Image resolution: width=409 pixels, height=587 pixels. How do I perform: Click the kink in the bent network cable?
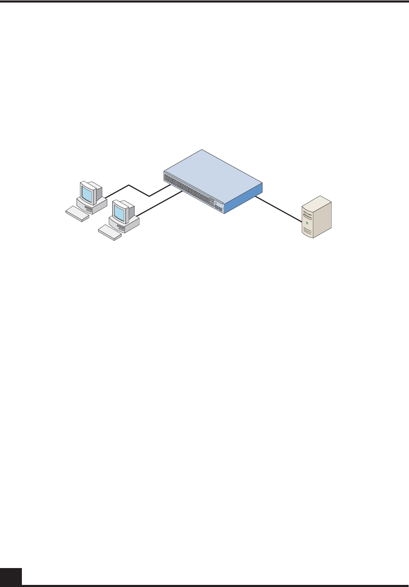[149, 196]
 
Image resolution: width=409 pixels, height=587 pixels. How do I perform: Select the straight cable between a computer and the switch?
[160, 204]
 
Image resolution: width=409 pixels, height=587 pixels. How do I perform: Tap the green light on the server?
[307, 223]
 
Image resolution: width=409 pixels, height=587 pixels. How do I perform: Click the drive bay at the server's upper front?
[308, 215]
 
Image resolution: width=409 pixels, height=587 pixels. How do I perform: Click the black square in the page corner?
[11, 577]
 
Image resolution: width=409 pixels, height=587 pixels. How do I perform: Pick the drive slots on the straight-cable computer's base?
[122, 228]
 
